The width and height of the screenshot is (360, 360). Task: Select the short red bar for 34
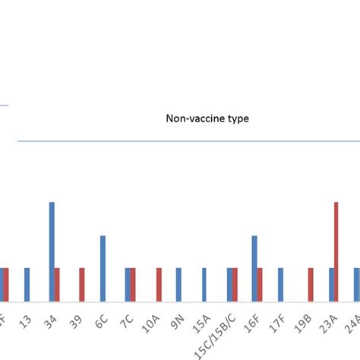(57, 284)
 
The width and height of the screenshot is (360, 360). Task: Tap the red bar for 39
(82, 284)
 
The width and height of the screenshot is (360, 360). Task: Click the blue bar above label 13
(27, 284)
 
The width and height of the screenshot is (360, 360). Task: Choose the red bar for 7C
(133, 284)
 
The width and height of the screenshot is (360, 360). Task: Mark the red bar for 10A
(159, 284)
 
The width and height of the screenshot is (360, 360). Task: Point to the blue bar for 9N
(178, 284)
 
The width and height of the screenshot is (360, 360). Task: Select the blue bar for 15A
(204, 284)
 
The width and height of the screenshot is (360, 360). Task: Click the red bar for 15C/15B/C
(235, 284)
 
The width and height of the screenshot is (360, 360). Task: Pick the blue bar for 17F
(280, 284)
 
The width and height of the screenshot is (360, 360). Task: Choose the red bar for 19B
(311, 284)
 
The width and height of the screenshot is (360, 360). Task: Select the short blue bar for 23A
(331, 284)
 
